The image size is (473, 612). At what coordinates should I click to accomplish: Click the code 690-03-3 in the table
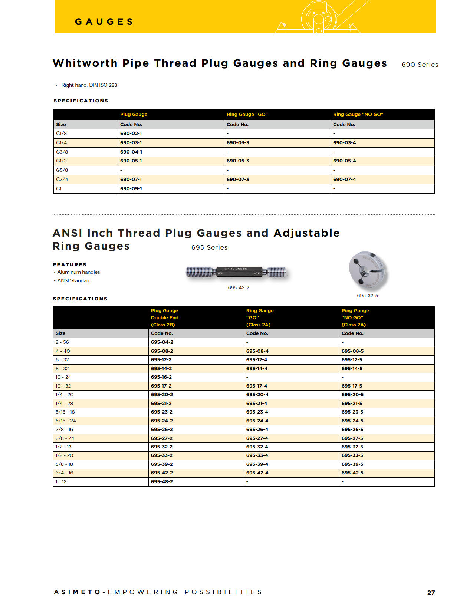click(238, 143)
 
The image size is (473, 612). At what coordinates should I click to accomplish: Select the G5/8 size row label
click(62, 170)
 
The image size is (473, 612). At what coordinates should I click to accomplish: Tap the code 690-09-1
click(131, 189)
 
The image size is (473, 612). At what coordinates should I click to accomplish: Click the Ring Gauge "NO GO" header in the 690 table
click(358, 115)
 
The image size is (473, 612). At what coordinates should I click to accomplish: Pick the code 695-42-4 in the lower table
click(257, 473)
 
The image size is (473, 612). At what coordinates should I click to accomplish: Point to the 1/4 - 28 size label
click(64, 404)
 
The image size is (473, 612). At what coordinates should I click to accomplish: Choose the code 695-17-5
click(352, 386)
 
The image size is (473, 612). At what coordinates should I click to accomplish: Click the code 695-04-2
click(162, 342)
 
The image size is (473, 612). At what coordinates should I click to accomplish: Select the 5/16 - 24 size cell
click(66, 421)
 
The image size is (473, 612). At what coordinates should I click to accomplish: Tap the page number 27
click(431, 593)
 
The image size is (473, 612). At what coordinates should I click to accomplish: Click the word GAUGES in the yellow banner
click(104, 22)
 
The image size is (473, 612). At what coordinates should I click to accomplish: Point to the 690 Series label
click(420, 65)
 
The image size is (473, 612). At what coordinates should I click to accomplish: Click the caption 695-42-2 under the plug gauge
click(238, 288)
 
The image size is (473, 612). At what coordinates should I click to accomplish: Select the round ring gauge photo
click(367, 271)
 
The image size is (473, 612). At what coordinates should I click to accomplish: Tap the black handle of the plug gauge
click(239, 272)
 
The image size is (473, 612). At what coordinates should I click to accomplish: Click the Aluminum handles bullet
click(78, 272)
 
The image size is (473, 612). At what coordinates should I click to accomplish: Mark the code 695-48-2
click(162, 482)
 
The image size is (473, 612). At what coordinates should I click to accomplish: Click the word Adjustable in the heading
click(306, 233)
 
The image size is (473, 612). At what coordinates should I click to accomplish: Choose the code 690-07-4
click(344, 180)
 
